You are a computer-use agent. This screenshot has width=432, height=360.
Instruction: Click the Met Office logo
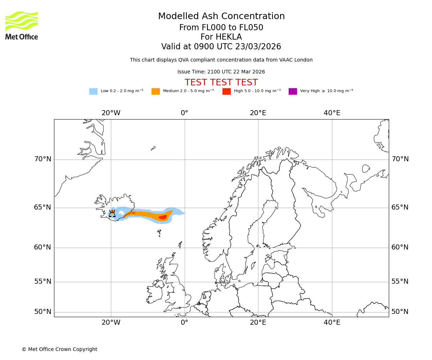tap(22, 25)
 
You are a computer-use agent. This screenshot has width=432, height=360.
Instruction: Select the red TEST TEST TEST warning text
tap(221, 82)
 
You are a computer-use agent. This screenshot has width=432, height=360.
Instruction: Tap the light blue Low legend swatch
tap(93, 91)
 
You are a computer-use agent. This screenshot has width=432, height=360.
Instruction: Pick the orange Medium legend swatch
tap(156, 91)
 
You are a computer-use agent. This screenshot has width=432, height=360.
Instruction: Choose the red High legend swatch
tap(226, 91)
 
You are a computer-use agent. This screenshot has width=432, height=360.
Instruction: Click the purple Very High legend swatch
tap(293, 91)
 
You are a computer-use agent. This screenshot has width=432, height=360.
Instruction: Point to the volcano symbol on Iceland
tap(112, 213)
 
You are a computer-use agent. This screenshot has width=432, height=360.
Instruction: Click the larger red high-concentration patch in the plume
tap(163, 217)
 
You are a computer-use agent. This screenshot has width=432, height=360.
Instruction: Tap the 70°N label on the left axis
tap(43, 159)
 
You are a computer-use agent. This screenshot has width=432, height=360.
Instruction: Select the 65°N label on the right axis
tap(400, 207)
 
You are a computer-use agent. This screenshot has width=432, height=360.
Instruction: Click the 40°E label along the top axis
tap(332, 113)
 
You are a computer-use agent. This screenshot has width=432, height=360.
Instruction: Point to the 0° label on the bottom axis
tap(184, 323)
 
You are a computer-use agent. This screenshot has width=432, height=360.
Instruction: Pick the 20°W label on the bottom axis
tap(111, 323)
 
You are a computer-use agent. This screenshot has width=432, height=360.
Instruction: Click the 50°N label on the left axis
tap(43, 312)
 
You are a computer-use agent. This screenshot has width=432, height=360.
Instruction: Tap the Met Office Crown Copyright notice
tap(59, 349)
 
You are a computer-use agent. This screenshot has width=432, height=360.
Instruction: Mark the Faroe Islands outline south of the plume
tap(159, 233)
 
